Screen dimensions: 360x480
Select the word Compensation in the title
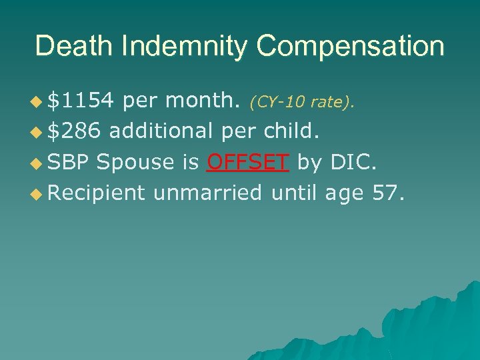(350, 47)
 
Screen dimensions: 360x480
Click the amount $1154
(83, 101)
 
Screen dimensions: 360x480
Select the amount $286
(75, 131)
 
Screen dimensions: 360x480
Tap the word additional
(161, 131)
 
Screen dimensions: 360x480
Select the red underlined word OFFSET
(248, 162)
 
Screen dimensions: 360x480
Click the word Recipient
(97, 193)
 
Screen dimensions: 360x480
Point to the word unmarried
(208, 193)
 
